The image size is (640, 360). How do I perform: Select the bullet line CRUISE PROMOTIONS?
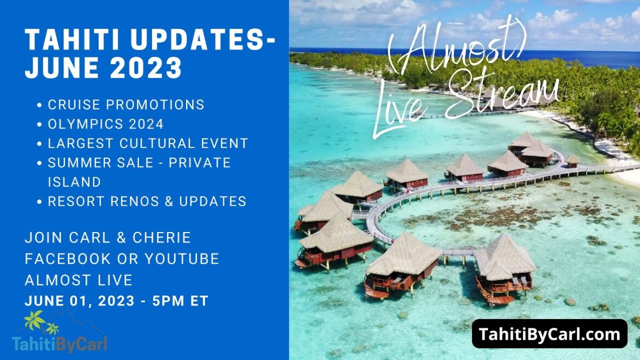point(126,104)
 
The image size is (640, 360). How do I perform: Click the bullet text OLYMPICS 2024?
point(106,124)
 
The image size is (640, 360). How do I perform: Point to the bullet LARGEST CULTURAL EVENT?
point(148,143)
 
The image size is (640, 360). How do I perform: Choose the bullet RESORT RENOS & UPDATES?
point(147,201)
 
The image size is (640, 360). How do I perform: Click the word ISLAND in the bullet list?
point(74,182)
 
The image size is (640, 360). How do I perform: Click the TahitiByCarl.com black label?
point(549,334)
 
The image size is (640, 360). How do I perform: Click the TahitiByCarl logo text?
point(60,344)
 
